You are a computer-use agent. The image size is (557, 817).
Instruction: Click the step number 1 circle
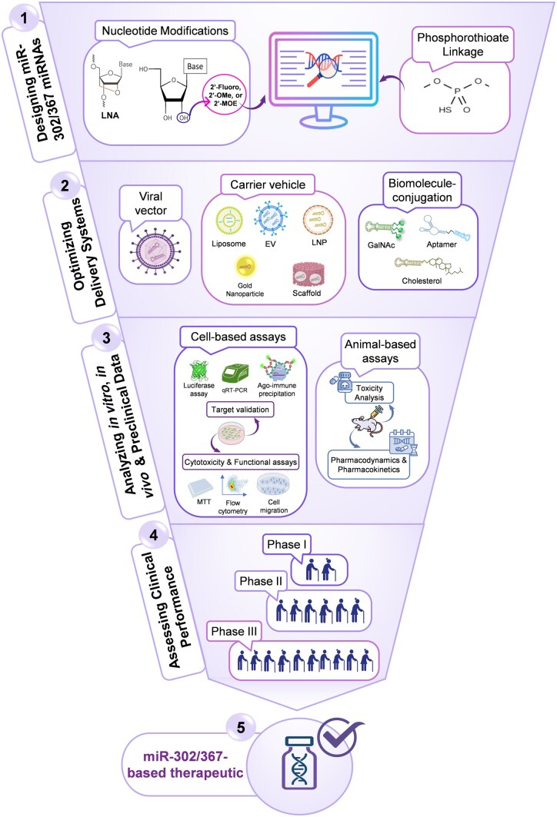coord(24,18)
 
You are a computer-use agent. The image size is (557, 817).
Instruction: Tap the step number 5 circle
coord(241,727)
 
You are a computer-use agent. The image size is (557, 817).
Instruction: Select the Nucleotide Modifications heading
coord(165,31)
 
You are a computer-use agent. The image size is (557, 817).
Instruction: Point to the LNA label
coord(110,115)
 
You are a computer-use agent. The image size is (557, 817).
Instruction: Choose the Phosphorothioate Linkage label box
coord(462,45)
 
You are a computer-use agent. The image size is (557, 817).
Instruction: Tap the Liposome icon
coord(229,221)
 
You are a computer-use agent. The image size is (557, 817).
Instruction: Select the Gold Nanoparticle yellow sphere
coord(245,267)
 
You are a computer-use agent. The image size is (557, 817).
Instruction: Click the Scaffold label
coord(307,294)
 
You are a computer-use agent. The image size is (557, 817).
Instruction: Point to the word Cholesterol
coord(422,281)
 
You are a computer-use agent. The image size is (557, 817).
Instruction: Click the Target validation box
coord(240,410)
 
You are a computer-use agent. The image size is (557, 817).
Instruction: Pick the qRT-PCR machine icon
coord(235,374)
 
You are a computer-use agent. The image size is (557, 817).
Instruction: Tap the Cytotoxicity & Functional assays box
coord(241,462)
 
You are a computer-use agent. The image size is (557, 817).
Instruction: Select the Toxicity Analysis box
coord(369,393)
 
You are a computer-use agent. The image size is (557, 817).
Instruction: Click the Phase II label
coord(261,581)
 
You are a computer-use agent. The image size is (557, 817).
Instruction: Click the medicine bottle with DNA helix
coord(299,762)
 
